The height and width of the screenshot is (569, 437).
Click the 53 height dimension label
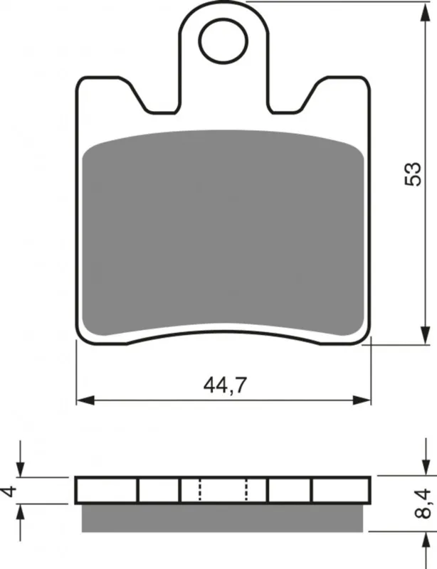click(x=413, y=174)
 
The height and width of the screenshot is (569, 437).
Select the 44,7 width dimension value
click(x=225, y=385)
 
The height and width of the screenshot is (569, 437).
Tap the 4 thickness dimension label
click(x=10, y=491)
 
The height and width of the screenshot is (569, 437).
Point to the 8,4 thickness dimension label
click(x=423, y=504)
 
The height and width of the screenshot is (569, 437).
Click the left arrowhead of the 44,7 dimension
click(x=85, y=400)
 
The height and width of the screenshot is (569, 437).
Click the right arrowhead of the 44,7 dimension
click(x=362, y=400)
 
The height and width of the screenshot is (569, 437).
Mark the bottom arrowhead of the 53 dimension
click(x=423, y=335)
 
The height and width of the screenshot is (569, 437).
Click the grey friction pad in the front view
click(x=223, y=233)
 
